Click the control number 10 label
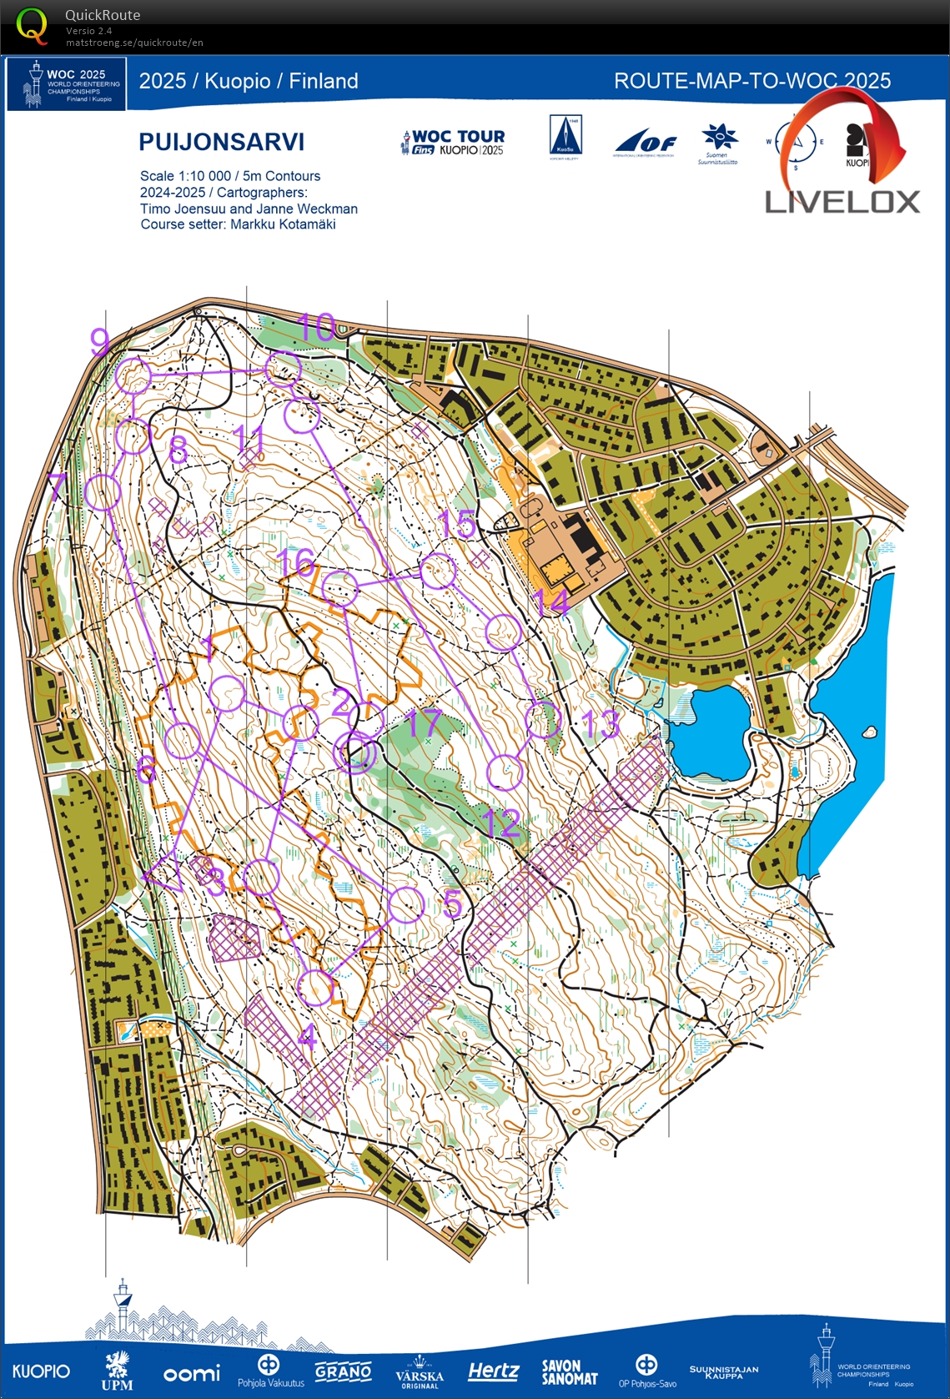tap(316, 327)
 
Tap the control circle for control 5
tap(406, 905)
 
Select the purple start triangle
tap(165, 873)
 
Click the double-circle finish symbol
tap(355, 754)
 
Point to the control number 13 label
tap(601, 724)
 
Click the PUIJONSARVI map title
tap(221, 142)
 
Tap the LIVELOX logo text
tap(842, 202)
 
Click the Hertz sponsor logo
tap(493, 1371)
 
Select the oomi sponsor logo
tap(192, 1372)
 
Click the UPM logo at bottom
tap(117, 1371)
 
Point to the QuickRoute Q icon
tap(32, 26)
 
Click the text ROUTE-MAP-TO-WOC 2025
tap(751, 81)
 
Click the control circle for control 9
tap(133, 376)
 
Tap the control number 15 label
tap(457, 524)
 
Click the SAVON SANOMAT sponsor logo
tap(569, 1372)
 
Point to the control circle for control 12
tap(504, 772)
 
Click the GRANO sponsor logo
tap(343, 1371)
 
